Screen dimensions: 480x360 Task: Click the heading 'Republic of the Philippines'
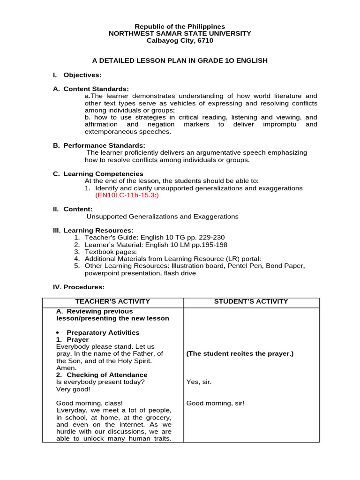(x=180, y=27)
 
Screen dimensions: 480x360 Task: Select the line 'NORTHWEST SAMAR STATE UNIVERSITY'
(x=180, y=34)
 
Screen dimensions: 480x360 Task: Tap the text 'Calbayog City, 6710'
(x=180, y=41)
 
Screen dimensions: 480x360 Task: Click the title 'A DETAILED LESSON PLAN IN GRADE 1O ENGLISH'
(x=180, y=60)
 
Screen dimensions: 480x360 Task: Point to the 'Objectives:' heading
(x=82, y=75)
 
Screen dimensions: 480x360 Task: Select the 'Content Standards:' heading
(x=96, y=89)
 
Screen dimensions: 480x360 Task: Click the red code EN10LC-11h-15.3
(x=127, y=195)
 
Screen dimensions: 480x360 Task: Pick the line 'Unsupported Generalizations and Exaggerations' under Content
(x=163, y=217)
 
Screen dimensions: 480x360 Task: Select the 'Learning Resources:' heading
(x=98, y=231)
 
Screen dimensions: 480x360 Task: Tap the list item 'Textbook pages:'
(x=111, y=252)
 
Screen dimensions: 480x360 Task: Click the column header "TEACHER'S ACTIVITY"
(x=112, y=302)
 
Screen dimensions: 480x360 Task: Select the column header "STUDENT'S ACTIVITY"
(x=251, y=302)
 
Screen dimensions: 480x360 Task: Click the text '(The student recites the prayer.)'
(x=240, y=354)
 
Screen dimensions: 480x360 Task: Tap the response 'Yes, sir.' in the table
(x=199, y=382)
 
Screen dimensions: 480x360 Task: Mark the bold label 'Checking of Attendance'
(x=107, y=375)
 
